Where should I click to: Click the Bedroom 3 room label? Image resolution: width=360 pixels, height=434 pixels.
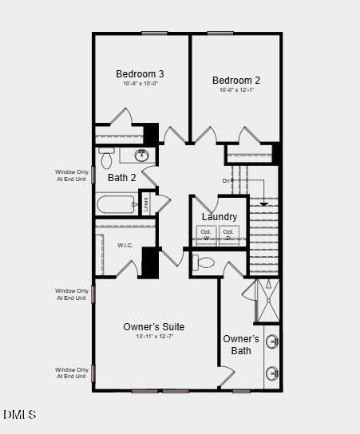140,74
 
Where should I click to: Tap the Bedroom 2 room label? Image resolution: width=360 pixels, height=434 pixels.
235,80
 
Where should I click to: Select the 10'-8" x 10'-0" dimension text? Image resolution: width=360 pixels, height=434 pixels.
140,84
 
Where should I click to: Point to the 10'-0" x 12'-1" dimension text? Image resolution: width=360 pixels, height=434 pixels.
235,89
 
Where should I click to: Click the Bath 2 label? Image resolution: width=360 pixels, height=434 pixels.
122,178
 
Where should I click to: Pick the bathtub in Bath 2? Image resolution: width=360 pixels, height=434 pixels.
116,205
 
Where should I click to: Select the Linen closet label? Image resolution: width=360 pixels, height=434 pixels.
146,204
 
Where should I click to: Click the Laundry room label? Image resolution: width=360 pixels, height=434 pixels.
219,217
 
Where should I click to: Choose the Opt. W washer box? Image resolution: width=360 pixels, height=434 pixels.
206,235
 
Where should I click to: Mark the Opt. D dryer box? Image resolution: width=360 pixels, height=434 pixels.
228,235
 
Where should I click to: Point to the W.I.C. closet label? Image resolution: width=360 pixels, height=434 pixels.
125,245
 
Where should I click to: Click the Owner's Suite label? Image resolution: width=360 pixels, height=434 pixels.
154,327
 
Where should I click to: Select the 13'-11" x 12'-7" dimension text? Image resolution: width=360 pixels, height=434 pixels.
154,337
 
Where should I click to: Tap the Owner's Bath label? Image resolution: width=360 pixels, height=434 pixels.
241,345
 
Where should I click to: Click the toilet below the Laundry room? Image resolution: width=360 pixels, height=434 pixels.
205,262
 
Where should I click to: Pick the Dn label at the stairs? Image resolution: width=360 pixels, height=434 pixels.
227,181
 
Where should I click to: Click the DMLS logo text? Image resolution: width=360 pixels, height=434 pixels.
19,415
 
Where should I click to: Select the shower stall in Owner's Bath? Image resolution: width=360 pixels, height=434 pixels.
267,300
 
